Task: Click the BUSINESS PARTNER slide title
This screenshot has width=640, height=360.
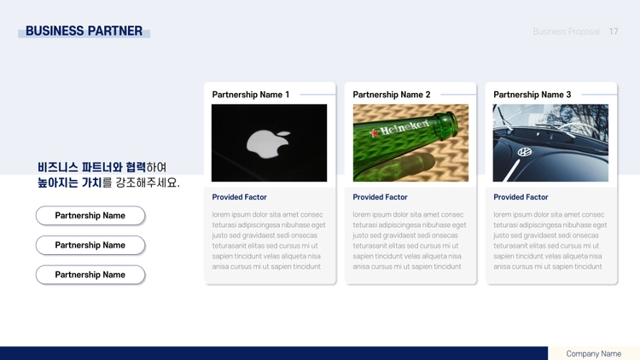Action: coord(84,31)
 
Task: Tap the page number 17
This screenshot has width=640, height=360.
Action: coord(614,32)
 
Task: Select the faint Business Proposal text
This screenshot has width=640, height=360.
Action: coord(566,32)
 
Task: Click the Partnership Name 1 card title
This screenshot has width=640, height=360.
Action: coord(251,95)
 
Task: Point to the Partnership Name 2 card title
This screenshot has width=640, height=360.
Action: coord(392,95)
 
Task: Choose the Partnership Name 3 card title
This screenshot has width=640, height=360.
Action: coord(532,95)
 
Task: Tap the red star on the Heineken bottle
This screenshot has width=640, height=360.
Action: coord(375,132)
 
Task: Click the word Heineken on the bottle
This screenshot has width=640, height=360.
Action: coord(404,127)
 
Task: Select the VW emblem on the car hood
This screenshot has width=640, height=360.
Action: coord(525,152)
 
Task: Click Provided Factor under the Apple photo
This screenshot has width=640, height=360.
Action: coord(239,197)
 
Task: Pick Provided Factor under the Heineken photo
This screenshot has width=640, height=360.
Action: coord(380,197)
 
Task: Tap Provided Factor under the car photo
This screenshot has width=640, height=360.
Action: coord(521,197)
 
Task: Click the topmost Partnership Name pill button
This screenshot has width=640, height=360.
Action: coord(90,216)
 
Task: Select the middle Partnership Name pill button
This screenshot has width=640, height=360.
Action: coord(90,246)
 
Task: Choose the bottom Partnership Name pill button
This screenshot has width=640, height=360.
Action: coord(90,275)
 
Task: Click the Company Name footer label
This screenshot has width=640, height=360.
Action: coord(593,354)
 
